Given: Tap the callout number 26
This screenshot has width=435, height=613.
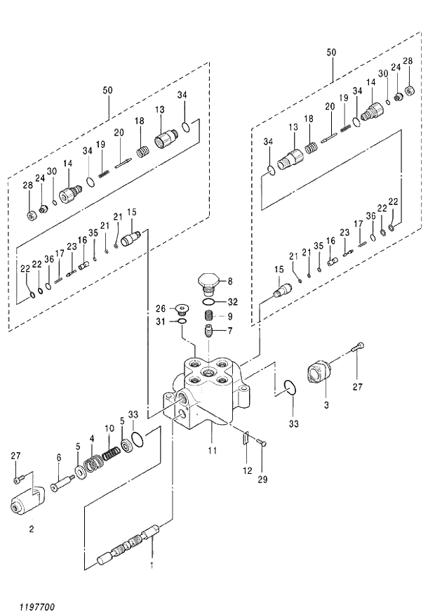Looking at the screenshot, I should pyautogui.click(x=160, y=308).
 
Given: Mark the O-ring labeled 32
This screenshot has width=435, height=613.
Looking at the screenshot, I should pyautogui.click(x=209, y=302).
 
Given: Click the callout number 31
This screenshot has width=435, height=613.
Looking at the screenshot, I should pyautogui.click(x=160, y=322).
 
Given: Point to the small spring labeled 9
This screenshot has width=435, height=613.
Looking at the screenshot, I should pyautogui.click(x=209, y=316).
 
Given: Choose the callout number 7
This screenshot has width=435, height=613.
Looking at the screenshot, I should pyautogui.click(x=230, y=331).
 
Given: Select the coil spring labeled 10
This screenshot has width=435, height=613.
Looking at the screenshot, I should pyautogui.click(x=109, y=455).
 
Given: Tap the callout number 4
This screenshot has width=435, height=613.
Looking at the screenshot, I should pyautogui.click(x=91, y=439).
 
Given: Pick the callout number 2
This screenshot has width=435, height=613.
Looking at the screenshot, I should pyautogui.click(x=31, y=530).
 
